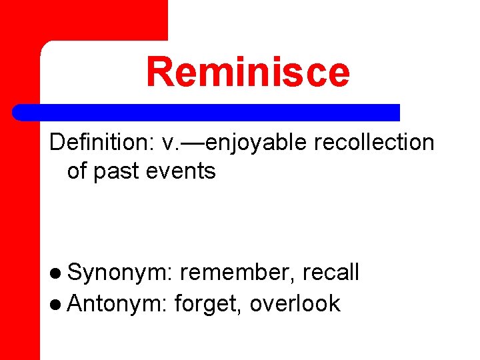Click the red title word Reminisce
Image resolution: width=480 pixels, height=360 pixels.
click(247, 72)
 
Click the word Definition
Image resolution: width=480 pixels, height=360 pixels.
click(99, 142)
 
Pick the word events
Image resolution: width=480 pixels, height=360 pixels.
click(184, 171)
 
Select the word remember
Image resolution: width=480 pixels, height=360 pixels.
click(238, 272)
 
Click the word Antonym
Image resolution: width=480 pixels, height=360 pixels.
click(117, 303)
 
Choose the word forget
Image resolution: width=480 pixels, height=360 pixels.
click(208, 304)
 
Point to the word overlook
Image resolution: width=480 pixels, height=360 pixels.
click(295, 303)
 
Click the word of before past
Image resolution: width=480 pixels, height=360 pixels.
click(77, 171)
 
